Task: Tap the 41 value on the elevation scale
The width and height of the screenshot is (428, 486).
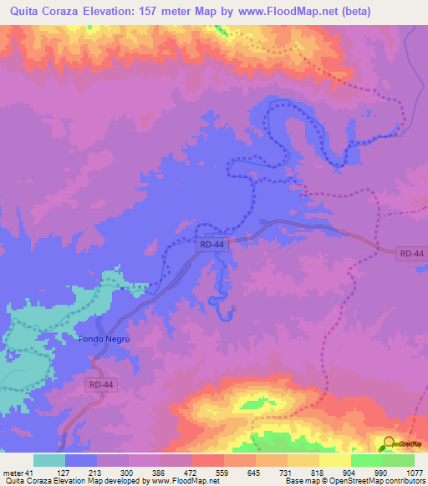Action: tap(32, 472)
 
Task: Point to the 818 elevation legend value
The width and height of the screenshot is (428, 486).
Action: tap(315, 472)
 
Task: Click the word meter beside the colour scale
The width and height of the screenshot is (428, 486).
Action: tap(13, 472)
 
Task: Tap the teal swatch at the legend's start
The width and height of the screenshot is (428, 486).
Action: tap(48, 460)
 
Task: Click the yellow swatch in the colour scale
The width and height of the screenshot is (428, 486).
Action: tap(334, 460)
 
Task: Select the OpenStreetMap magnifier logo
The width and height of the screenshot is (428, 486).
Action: tap(386, 444)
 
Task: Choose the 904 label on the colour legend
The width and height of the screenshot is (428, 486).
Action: tap(351, 472)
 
